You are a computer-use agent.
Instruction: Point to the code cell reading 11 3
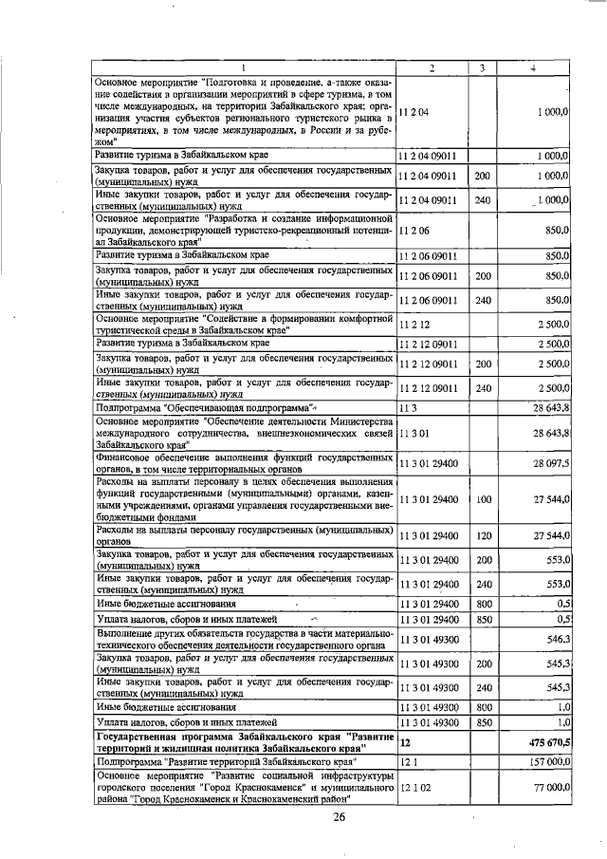coord(409,407)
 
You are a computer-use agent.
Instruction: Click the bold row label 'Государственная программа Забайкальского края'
coord(241,739)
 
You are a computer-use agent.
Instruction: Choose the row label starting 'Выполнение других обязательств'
coord(243,640)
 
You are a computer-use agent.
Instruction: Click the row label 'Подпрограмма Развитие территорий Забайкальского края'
coord(227,762)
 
